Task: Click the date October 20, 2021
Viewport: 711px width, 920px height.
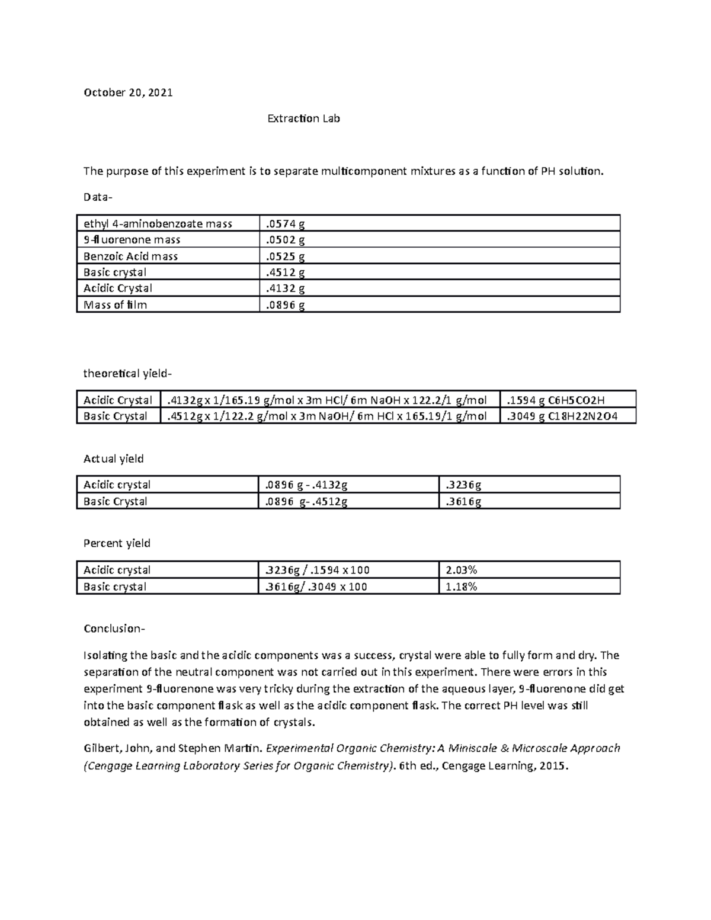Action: pyautogui.click(x=128, y=92)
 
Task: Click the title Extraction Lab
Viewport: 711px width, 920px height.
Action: pyautogui.click(x=303, y=118)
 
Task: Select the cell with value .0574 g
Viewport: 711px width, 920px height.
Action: pyautogui.click(x=285, y=224)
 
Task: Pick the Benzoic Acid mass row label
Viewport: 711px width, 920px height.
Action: pyautogui.click(x=131, y=257)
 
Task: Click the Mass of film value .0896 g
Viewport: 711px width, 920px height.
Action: pyautogui.click(x=285, y=305)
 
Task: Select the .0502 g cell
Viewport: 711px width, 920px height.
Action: pyautogui.click(x=285, y=240)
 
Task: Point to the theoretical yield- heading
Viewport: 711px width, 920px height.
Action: pyautogui.click(x=127, y=374)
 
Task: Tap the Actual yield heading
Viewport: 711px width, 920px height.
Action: pyautogui.click(x=113, y=459)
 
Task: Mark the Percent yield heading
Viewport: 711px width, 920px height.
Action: pyautogui.click(x=117, y=543)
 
